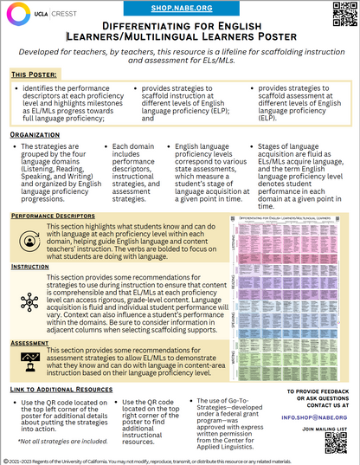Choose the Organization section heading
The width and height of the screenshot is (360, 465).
click(x=35, y=137)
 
